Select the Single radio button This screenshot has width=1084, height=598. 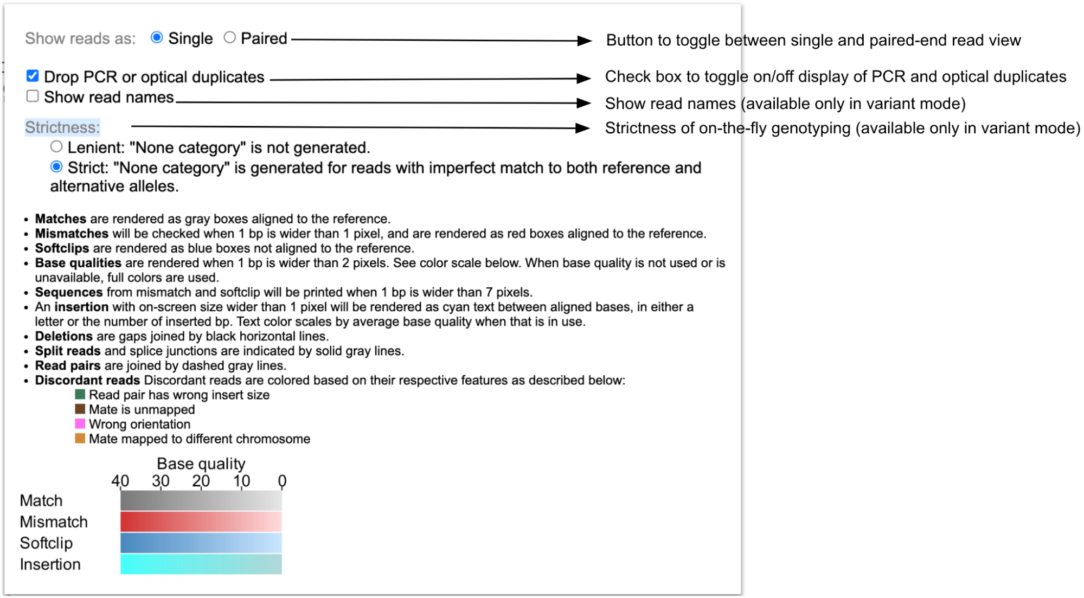click(x=157, y=37)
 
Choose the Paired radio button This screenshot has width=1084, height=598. click(x=230, y=37)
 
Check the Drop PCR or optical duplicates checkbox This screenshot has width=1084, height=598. click(x=33, y=76)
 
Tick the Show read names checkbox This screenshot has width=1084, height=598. click(x=33, y=96)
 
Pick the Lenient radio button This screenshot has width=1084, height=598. click(x=56, y=146)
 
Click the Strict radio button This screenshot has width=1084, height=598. click(x=56, y=167)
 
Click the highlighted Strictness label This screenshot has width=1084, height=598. click(x=62, y=127)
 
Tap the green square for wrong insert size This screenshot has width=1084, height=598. click(x=80, y=394)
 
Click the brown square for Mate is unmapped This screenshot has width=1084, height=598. click(x=80, y=409)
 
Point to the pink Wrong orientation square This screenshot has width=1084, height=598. click(x=80, y=423)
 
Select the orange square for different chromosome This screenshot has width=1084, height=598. click(x=80, y=438)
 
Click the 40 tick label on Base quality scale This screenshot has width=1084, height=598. click(x=120, y=480)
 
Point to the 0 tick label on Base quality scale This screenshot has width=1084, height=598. click(x=282, y=480)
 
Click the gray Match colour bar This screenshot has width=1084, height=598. click(x=201, y=500)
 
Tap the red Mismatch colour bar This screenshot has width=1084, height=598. click(x=201, y=522)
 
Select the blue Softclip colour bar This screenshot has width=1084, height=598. click(x=201, y=543)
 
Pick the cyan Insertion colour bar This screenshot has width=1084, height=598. click(x=201, y=564)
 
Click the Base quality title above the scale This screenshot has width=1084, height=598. click(x=201, y=464)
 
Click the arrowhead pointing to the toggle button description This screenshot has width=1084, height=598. click(x=585, y=41)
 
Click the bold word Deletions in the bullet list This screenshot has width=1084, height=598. click(x=63, y=336)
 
